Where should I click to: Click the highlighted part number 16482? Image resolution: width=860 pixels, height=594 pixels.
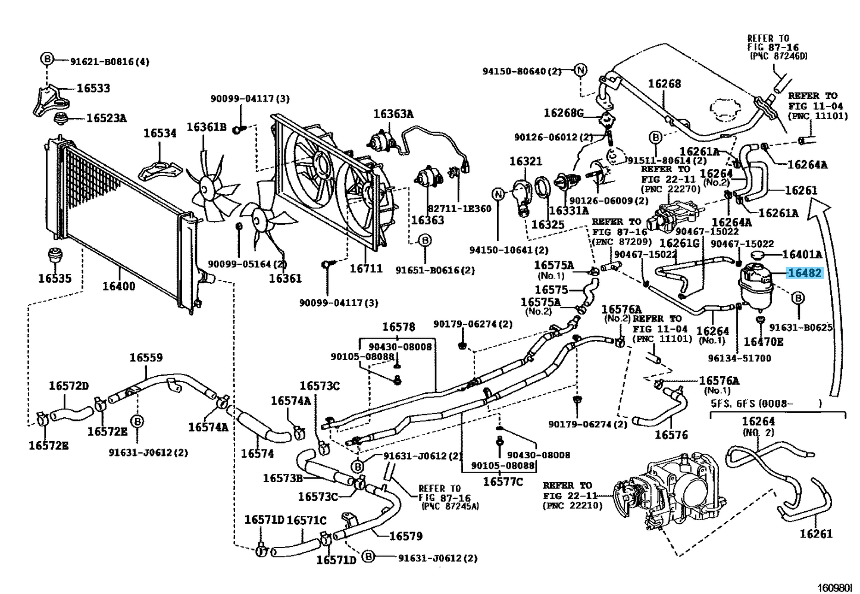[805, 274]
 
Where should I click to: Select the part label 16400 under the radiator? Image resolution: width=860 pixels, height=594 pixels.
[118, 286]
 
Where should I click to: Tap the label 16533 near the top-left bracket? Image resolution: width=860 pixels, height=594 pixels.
[93, 88]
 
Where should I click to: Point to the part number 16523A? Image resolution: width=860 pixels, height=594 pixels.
[106, 118]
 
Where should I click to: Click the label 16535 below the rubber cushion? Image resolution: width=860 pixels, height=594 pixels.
[54, 278]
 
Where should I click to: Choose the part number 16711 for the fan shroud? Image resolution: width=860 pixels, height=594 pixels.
[365, 268]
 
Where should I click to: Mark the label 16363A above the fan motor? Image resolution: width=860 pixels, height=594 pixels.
[393, 114]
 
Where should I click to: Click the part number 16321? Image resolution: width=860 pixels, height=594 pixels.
[526, 161]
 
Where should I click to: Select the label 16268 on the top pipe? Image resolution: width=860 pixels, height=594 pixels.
[664, 84]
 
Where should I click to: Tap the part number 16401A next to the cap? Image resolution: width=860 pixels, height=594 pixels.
[802, 255]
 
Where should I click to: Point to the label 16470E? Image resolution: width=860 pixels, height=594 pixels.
[764, 342]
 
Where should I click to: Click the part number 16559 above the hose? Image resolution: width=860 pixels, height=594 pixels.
[146, 358]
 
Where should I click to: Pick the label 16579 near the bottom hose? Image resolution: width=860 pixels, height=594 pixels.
[405, 536]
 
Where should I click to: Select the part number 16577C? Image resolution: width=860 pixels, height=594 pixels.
[502, 482]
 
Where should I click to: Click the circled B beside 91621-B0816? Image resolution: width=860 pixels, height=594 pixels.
[47, 59]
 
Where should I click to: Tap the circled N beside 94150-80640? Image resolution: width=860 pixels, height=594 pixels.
[580, 71]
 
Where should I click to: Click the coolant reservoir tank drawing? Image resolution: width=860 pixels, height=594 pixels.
[754, 289]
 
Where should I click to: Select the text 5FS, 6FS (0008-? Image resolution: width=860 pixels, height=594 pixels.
[751, 404]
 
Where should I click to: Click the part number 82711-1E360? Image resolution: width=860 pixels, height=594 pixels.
[459, 209]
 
